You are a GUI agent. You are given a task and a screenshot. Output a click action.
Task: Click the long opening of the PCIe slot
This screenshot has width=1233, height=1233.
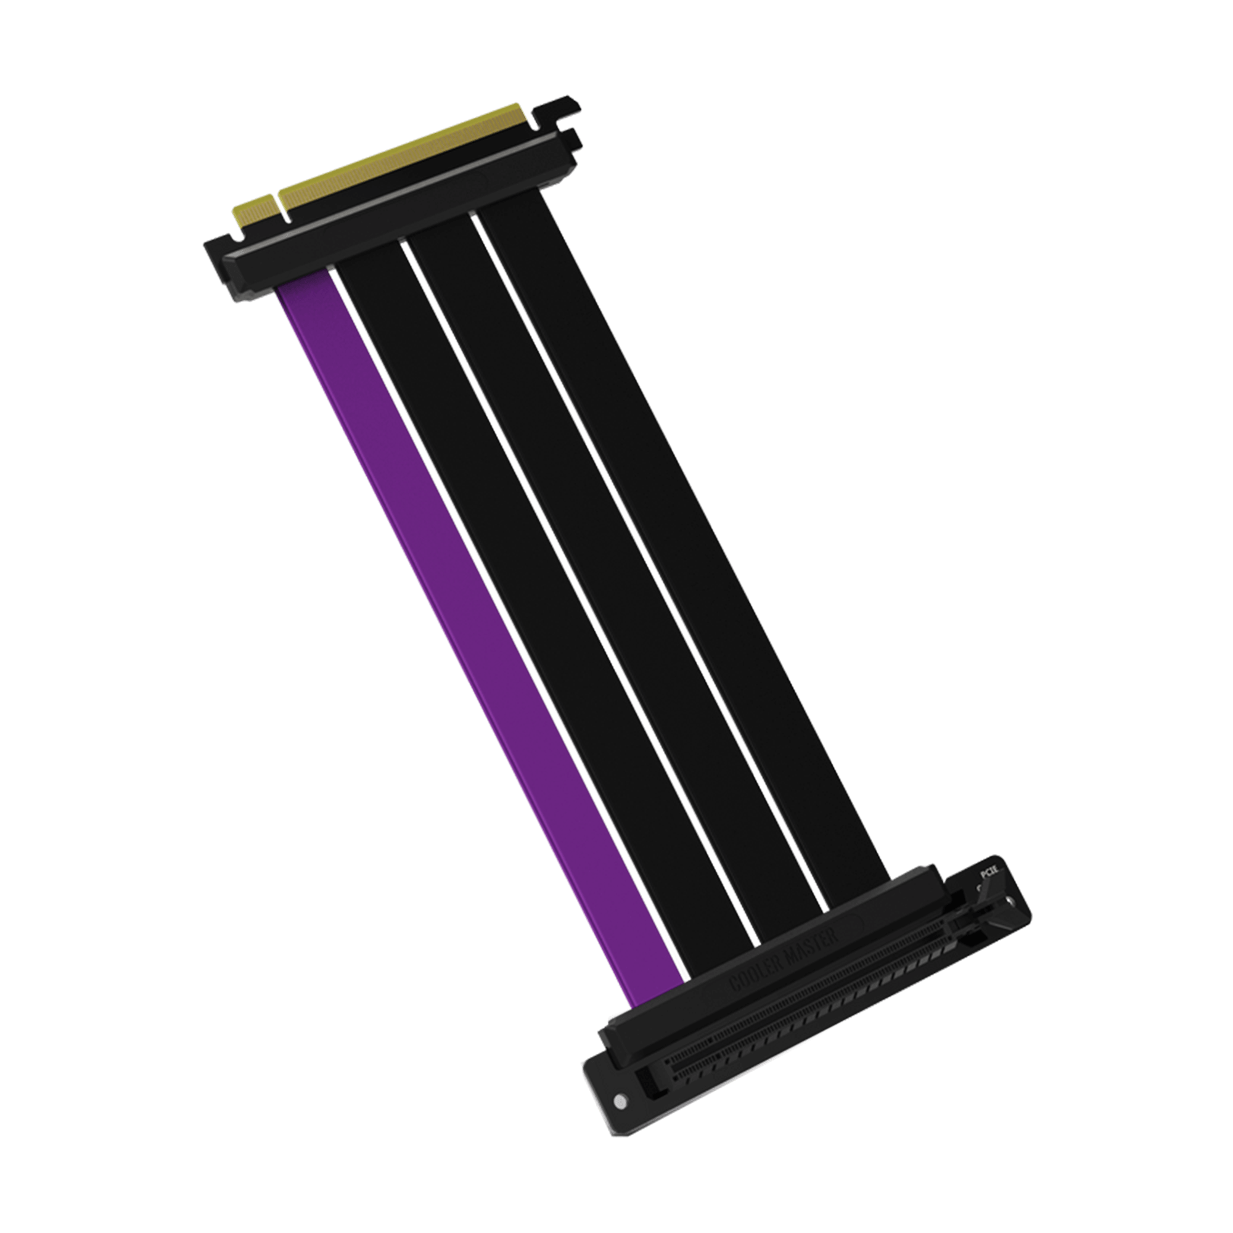(798, 1021)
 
